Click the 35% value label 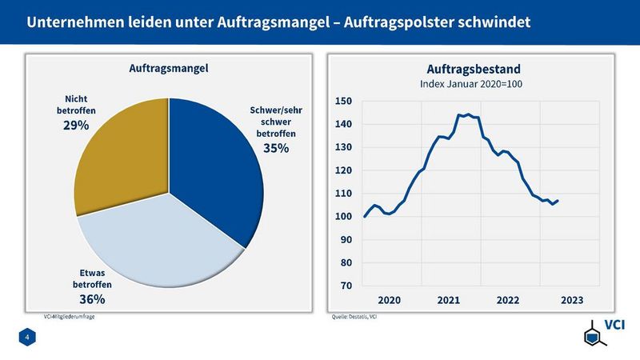click(276, 147)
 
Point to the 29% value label click(76, 125)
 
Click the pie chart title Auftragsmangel click(169, 70)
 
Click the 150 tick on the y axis click(344, 102)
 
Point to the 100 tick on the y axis click(344, 217)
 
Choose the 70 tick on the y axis click(346, 286)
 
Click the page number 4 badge click(26, 340)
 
